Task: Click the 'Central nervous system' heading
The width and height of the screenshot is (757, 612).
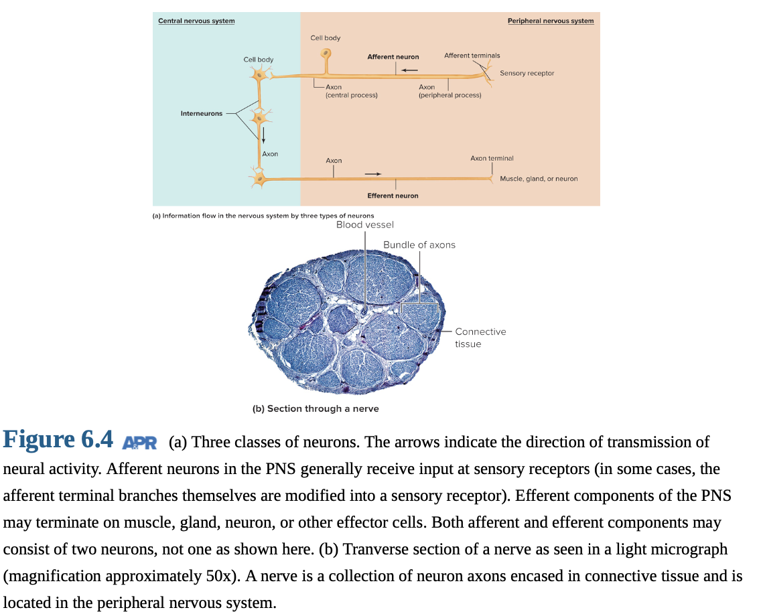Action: pos(196,21)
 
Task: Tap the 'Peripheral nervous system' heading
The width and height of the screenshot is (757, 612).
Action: pos(551,21)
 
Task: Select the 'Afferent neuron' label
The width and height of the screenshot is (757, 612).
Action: pos(393,56)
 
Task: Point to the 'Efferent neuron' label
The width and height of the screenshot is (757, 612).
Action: pos(393,196)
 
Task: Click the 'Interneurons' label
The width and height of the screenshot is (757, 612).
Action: pos(202,113)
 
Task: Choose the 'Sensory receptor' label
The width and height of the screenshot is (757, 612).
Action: pos(527,74)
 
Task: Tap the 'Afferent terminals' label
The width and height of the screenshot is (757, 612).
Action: pos(472,56)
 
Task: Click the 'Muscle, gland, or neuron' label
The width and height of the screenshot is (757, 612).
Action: pos(539,179)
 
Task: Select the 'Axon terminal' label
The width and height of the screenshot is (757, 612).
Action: pos(492,158)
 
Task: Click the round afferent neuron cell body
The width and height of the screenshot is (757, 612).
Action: pos(326,53)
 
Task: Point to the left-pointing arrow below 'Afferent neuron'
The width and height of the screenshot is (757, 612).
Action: pos(409,70)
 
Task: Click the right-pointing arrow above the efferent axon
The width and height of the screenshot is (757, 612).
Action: pos(372,173)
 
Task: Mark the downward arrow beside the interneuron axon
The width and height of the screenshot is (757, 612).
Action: pos(263,135)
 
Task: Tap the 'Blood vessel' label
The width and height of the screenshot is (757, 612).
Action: pos(365,225)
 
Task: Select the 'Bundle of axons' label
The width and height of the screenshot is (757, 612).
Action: pos(419,245)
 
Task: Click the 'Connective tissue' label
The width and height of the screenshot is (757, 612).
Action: pos(480,338)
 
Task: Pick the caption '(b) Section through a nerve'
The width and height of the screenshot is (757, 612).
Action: pos(316,409)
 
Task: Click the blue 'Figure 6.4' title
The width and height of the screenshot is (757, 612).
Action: pos(58,439)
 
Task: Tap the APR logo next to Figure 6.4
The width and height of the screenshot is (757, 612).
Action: pos(139,443)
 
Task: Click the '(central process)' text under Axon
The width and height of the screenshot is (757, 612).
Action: pos(352,95)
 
